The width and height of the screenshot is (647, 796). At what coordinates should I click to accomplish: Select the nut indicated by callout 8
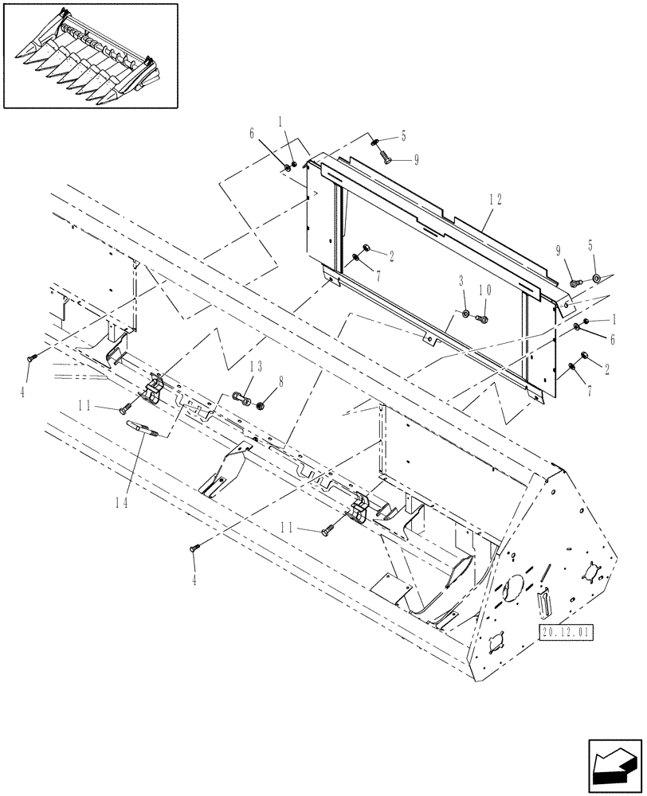point(261,403)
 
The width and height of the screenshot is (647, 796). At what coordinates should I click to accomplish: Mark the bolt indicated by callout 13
point(242,396)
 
